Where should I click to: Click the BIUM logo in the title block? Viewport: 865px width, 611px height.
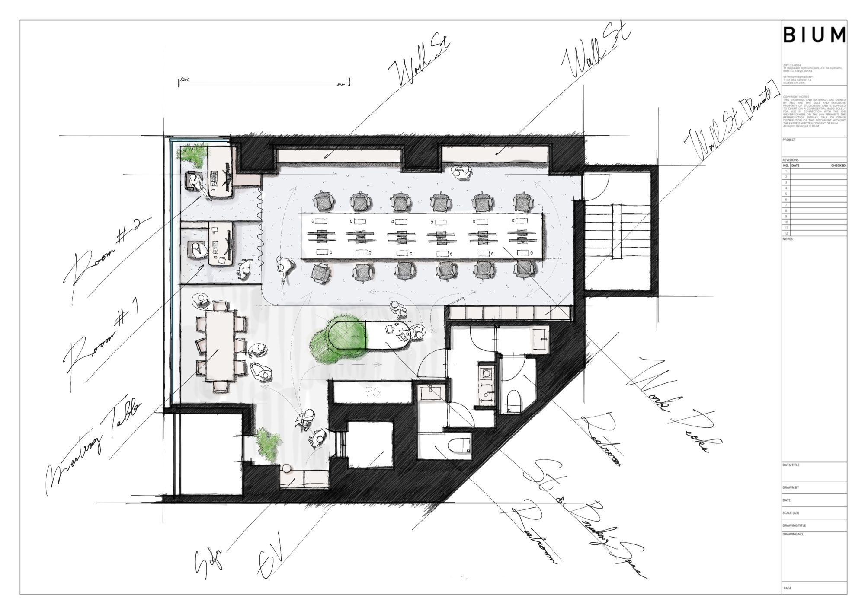point(814,34)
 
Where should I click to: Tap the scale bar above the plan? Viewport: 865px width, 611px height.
point(264,82)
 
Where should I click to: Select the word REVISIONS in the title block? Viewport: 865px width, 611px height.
point(791,160)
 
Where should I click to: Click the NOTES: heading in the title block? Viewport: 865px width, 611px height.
point(788,239)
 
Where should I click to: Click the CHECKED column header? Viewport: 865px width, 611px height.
point(838,165)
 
